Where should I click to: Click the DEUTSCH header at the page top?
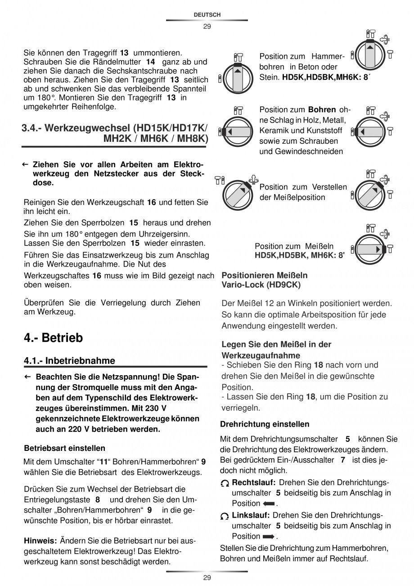[x=207, y=15]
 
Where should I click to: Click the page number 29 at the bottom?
[x=207, y=578]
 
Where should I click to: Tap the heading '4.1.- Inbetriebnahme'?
[x=69, y=360]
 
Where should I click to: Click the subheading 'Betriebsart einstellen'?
[x=64, y=448]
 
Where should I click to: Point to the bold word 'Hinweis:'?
[x=40, y=540]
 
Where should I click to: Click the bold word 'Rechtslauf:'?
[x=253, y=482]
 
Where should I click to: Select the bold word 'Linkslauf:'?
[x=251, y=515]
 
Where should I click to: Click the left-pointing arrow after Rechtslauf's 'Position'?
[x=269, y=504]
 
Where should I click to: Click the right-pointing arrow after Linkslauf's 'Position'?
[x=269, y=536]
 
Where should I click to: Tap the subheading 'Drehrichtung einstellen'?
[x=265, y=424]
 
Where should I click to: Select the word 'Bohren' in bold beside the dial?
[x=322, y=110]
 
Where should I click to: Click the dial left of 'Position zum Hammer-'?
[x=238, y=78]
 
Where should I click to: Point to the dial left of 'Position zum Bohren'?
[x=238, y=132]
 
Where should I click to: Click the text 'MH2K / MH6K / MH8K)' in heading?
[x=156, y=138]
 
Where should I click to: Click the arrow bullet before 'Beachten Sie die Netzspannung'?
[x=27, y=376]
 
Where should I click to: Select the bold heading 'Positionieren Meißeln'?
[x=265, y=275]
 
